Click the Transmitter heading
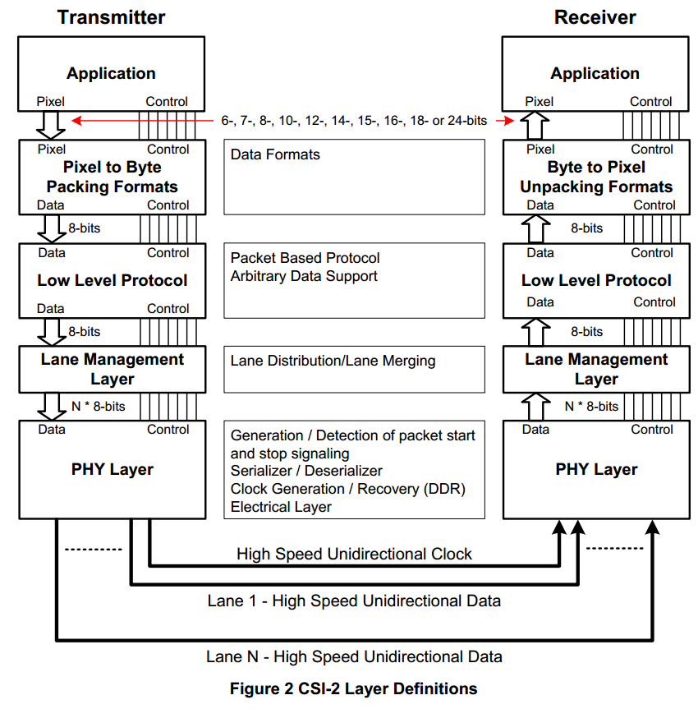tap(111, 17)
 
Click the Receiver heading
tap(595, 17)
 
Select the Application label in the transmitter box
tap(111, 73)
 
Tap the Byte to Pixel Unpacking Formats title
tap(596, 177)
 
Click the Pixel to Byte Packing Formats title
tap(112, 177)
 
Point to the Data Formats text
tap(275, 154)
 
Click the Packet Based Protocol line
tap(305, 258)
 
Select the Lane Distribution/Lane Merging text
tap(333, 361)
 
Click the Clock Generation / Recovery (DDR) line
tap(348, 489)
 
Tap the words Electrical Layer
tap(281, 507)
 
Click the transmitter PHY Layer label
tap(113, 470)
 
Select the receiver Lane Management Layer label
tap(596, 369)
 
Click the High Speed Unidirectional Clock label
tap(354, 554)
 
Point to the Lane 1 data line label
tap(354, 601)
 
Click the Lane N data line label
tap(354, 656)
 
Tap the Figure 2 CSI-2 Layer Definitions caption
tap(353, 688)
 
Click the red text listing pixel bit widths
tap(354, 120)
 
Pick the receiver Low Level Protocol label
tap(596, 280)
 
